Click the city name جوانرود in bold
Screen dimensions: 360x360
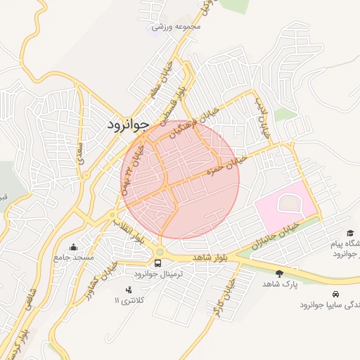tap(129, 125)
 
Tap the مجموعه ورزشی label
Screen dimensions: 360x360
tap(177, 27)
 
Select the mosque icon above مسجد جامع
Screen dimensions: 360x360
tap(75, 247)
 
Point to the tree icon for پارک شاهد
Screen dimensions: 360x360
tap(280, 273)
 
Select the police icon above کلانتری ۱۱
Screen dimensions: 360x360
tap(128, 290)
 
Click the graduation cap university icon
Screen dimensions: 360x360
tap(350, 233)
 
